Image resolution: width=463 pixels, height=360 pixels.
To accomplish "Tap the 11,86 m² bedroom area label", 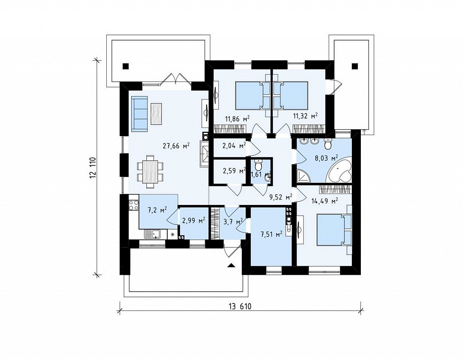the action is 237,119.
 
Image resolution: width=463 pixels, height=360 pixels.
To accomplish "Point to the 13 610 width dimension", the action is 240,307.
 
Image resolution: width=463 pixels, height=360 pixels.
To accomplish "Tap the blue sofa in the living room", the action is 139,114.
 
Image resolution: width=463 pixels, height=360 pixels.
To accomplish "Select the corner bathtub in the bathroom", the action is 340,174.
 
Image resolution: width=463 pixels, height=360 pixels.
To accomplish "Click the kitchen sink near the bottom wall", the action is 152,234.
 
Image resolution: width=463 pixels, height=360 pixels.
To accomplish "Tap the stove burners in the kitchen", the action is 134,205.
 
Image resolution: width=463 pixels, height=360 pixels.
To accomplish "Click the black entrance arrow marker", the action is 231,265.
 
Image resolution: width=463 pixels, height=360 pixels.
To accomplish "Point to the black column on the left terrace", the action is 126,66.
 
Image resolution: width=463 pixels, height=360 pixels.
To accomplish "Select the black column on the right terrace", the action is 355,66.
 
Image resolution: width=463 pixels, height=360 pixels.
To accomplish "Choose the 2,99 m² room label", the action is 194,221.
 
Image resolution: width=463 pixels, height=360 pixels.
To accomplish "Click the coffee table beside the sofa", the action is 156,114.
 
